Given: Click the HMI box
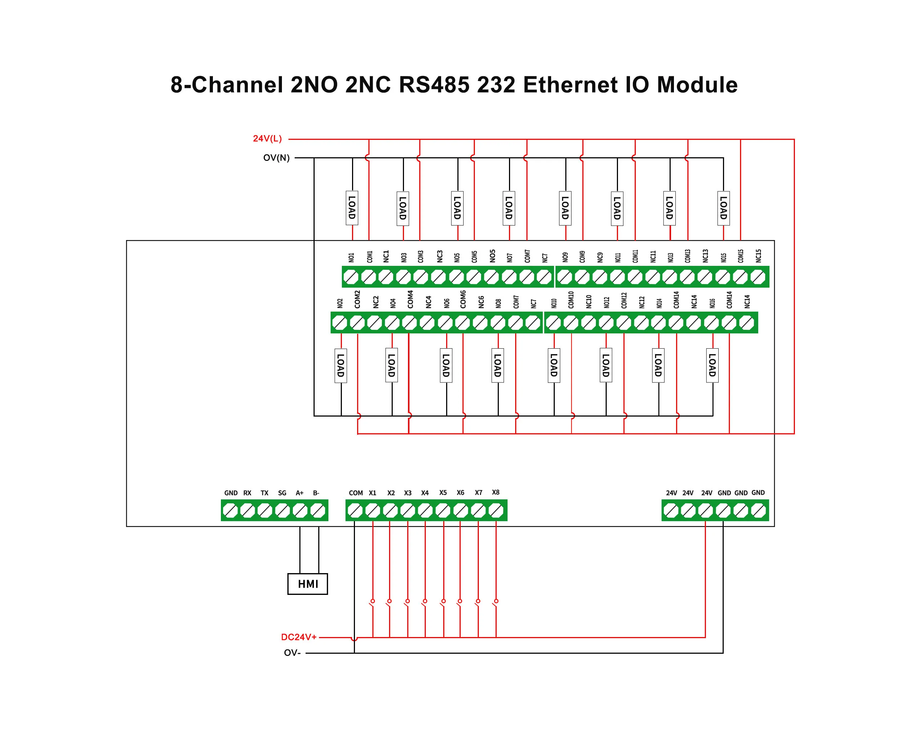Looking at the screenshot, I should [x=307, y=584].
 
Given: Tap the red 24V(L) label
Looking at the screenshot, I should [x=267, y=138].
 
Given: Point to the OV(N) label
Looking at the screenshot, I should [x=276, y=158].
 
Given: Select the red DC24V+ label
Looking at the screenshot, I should [x=299, y=637].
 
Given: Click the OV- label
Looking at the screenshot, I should [x=292, y=653].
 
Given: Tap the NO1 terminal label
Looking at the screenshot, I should [x=351, y=257].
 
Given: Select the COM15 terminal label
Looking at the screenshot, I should [x=741, y=256].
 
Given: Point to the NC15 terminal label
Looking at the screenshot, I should [x=759, y=256].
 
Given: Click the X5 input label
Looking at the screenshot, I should [x=443, y=492].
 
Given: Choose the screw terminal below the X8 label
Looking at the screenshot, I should [x=496, y=511].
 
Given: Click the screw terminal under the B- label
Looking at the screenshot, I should [x=318, y=511].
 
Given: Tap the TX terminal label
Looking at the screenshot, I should [x=264, y=493].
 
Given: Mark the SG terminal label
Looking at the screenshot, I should [x=282, y=493].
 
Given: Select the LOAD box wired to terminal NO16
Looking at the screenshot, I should [x=712, y=365].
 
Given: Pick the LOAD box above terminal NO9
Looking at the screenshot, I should [x=565, y=208].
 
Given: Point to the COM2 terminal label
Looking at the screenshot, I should [x=357, y=299].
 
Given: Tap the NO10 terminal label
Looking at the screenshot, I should [x=554, y=303].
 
